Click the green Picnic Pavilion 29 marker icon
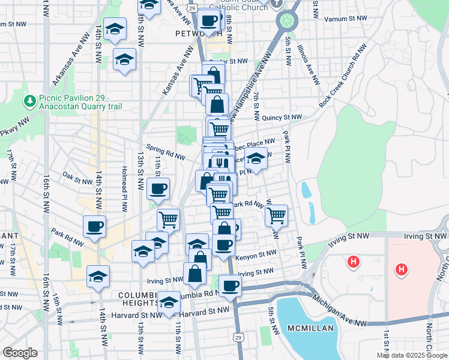point(28,100)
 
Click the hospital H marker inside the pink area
point(400,270)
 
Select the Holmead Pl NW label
point(125,190)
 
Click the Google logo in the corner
point(20,353)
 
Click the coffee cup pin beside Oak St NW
point(158,188)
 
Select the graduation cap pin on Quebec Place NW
point(256,160)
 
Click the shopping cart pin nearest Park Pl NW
point(276,215)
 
